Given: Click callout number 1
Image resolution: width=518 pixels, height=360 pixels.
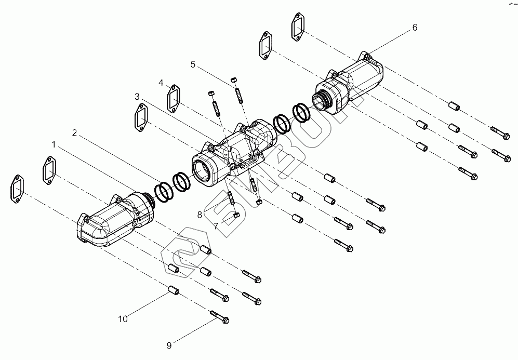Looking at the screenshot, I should [54, 142].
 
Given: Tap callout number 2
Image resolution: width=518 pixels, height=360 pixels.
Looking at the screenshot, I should [75, 133].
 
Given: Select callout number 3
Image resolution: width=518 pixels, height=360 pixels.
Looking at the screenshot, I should [137, 97].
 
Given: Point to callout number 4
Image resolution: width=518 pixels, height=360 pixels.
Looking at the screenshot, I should [161, 83].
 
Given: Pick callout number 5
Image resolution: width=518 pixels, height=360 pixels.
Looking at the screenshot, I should [193, 64].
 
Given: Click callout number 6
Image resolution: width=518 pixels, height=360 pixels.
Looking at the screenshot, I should [415, 28].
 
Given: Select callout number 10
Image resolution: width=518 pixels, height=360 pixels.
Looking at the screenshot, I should [123, 319].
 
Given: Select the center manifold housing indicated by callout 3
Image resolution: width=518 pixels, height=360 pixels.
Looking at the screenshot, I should [229, 153].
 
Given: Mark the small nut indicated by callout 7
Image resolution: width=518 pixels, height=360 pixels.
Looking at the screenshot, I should [236, 214].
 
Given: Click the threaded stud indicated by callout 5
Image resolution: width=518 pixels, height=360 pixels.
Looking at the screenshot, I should [239, 95].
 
